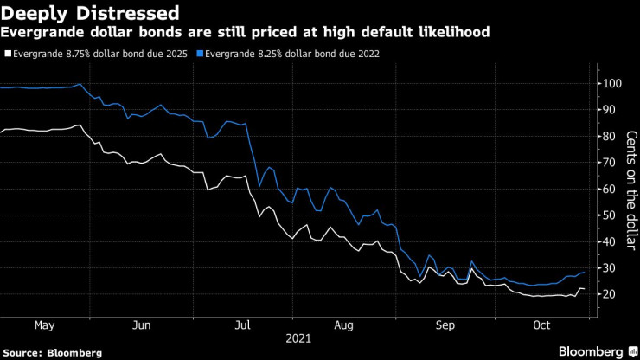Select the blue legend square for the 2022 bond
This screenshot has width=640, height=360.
click(201, 54)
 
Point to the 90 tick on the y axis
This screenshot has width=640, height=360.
click(611, 110)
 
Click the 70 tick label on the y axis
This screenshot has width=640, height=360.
click(611, 163)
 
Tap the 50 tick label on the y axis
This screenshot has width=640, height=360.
click(611, 215)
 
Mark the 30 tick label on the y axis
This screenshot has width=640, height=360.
click(611, 268)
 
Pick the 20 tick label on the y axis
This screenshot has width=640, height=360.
click(611, 295)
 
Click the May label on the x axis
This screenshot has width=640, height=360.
click(45, 325)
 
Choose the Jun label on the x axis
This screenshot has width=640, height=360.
click(143, 325)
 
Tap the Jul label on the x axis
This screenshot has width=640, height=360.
click(243, 325)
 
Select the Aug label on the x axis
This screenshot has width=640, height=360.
click(344, 325)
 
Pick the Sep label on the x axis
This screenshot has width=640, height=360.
click(445, 325)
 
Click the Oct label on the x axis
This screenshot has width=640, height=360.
click(542, 325)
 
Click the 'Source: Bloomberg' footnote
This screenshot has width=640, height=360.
click(52, 352)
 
